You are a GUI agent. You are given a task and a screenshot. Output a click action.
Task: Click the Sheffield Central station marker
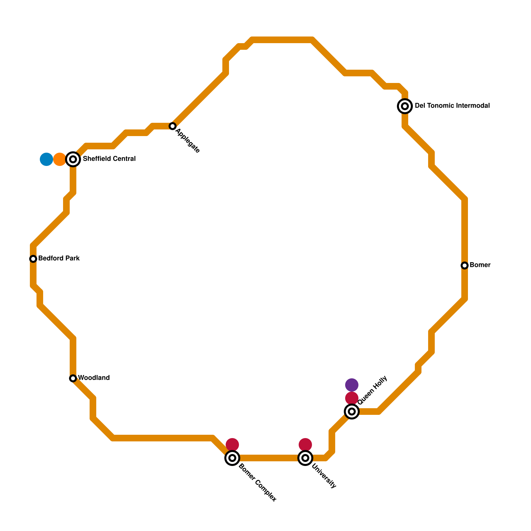click(x=73, y=159)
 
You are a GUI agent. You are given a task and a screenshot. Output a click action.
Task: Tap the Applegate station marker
click(x=173, y=126)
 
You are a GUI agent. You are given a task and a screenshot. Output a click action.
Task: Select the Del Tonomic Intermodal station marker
click(x=405, y=106)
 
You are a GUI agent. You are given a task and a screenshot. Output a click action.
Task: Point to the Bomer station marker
click(x=465, y=265)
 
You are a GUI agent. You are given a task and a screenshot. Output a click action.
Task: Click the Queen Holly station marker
click(x=352, y=412)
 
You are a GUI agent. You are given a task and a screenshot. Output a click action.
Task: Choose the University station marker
click(x=305, y=458)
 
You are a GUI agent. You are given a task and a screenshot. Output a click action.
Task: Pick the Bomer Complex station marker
click(x=232, y=458)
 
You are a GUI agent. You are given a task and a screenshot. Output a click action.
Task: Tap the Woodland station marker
click(x=73, y=378)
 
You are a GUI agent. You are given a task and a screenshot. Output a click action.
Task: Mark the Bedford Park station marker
click(x=33, y=259)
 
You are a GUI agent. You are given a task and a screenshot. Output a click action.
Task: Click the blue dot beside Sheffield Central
click(x=46, y=159)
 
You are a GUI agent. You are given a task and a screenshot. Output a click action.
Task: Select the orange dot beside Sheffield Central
click(x=60, y=159)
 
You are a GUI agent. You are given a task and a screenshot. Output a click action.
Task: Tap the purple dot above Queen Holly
click(x=352, y=385)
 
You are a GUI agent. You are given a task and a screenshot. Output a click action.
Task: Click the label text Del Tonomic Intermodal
click(x=452, y=106)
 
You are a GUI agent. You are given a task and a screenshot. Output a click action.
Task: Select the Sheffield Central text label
click(x=109, y=159)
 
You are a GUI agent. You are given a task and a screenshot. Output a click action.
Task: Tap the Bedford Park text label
click(x=59, y=259)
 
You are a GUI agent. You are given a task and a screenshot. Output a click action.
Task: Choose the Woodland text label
click(x=94, y=378)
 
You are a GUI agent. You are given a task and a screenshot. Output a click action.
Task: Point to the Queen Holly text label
click(x=372, y=390)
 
